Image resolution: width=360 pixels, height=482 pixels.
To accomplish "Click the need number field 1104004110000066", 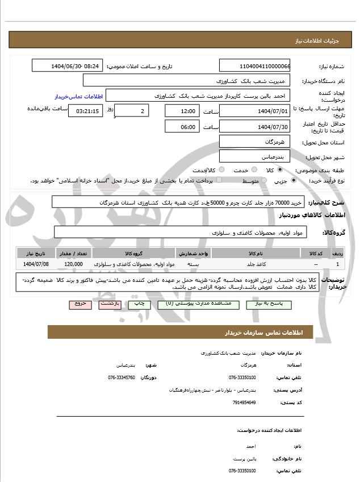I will click(254, 66).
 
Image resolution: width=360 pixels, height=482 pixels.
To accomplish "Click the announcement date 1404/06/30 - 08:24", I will click(68, 66).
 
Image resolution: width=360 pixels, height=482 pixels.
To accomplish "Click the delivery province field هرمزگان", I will click(254, 141).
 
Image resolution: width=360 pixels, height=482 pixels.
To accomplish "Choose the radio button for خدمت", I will click(253, 170).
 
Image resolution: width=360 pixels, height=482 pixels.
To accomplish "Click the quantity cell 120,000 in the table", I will click(74, 264).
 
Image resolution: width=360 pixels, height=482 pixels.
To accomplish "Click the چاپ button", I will click(141, 304).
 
